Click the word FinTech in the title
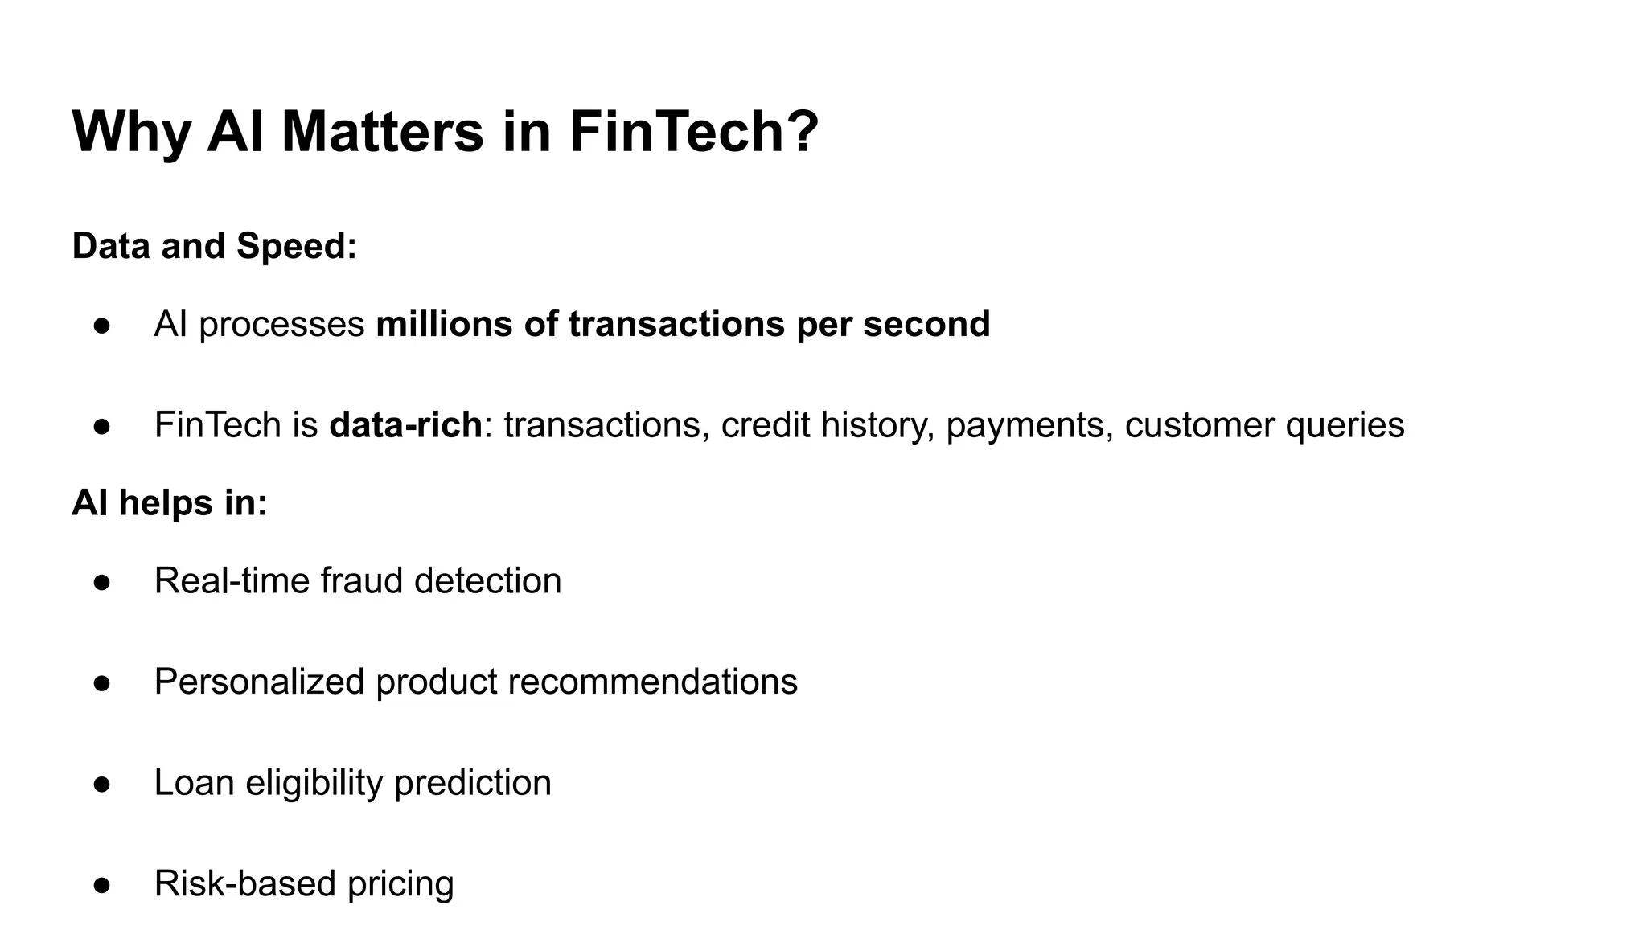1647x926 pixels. click(x=676, y=131)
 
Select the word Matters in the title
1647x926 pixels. click(x=383, y=131)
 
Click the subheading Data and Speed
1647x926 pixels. click(x=214, y=246)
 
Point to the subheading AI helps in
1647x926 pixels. click(x=170, y=503)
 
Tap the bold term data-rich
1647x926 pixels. click(x=405, y=424)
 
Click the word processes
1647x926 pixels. click(x=281, y=325)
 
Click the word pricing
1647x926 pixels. click(x=400, y=884)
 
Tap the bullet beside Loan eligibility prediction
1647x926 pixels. click(x=102, y=784)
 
